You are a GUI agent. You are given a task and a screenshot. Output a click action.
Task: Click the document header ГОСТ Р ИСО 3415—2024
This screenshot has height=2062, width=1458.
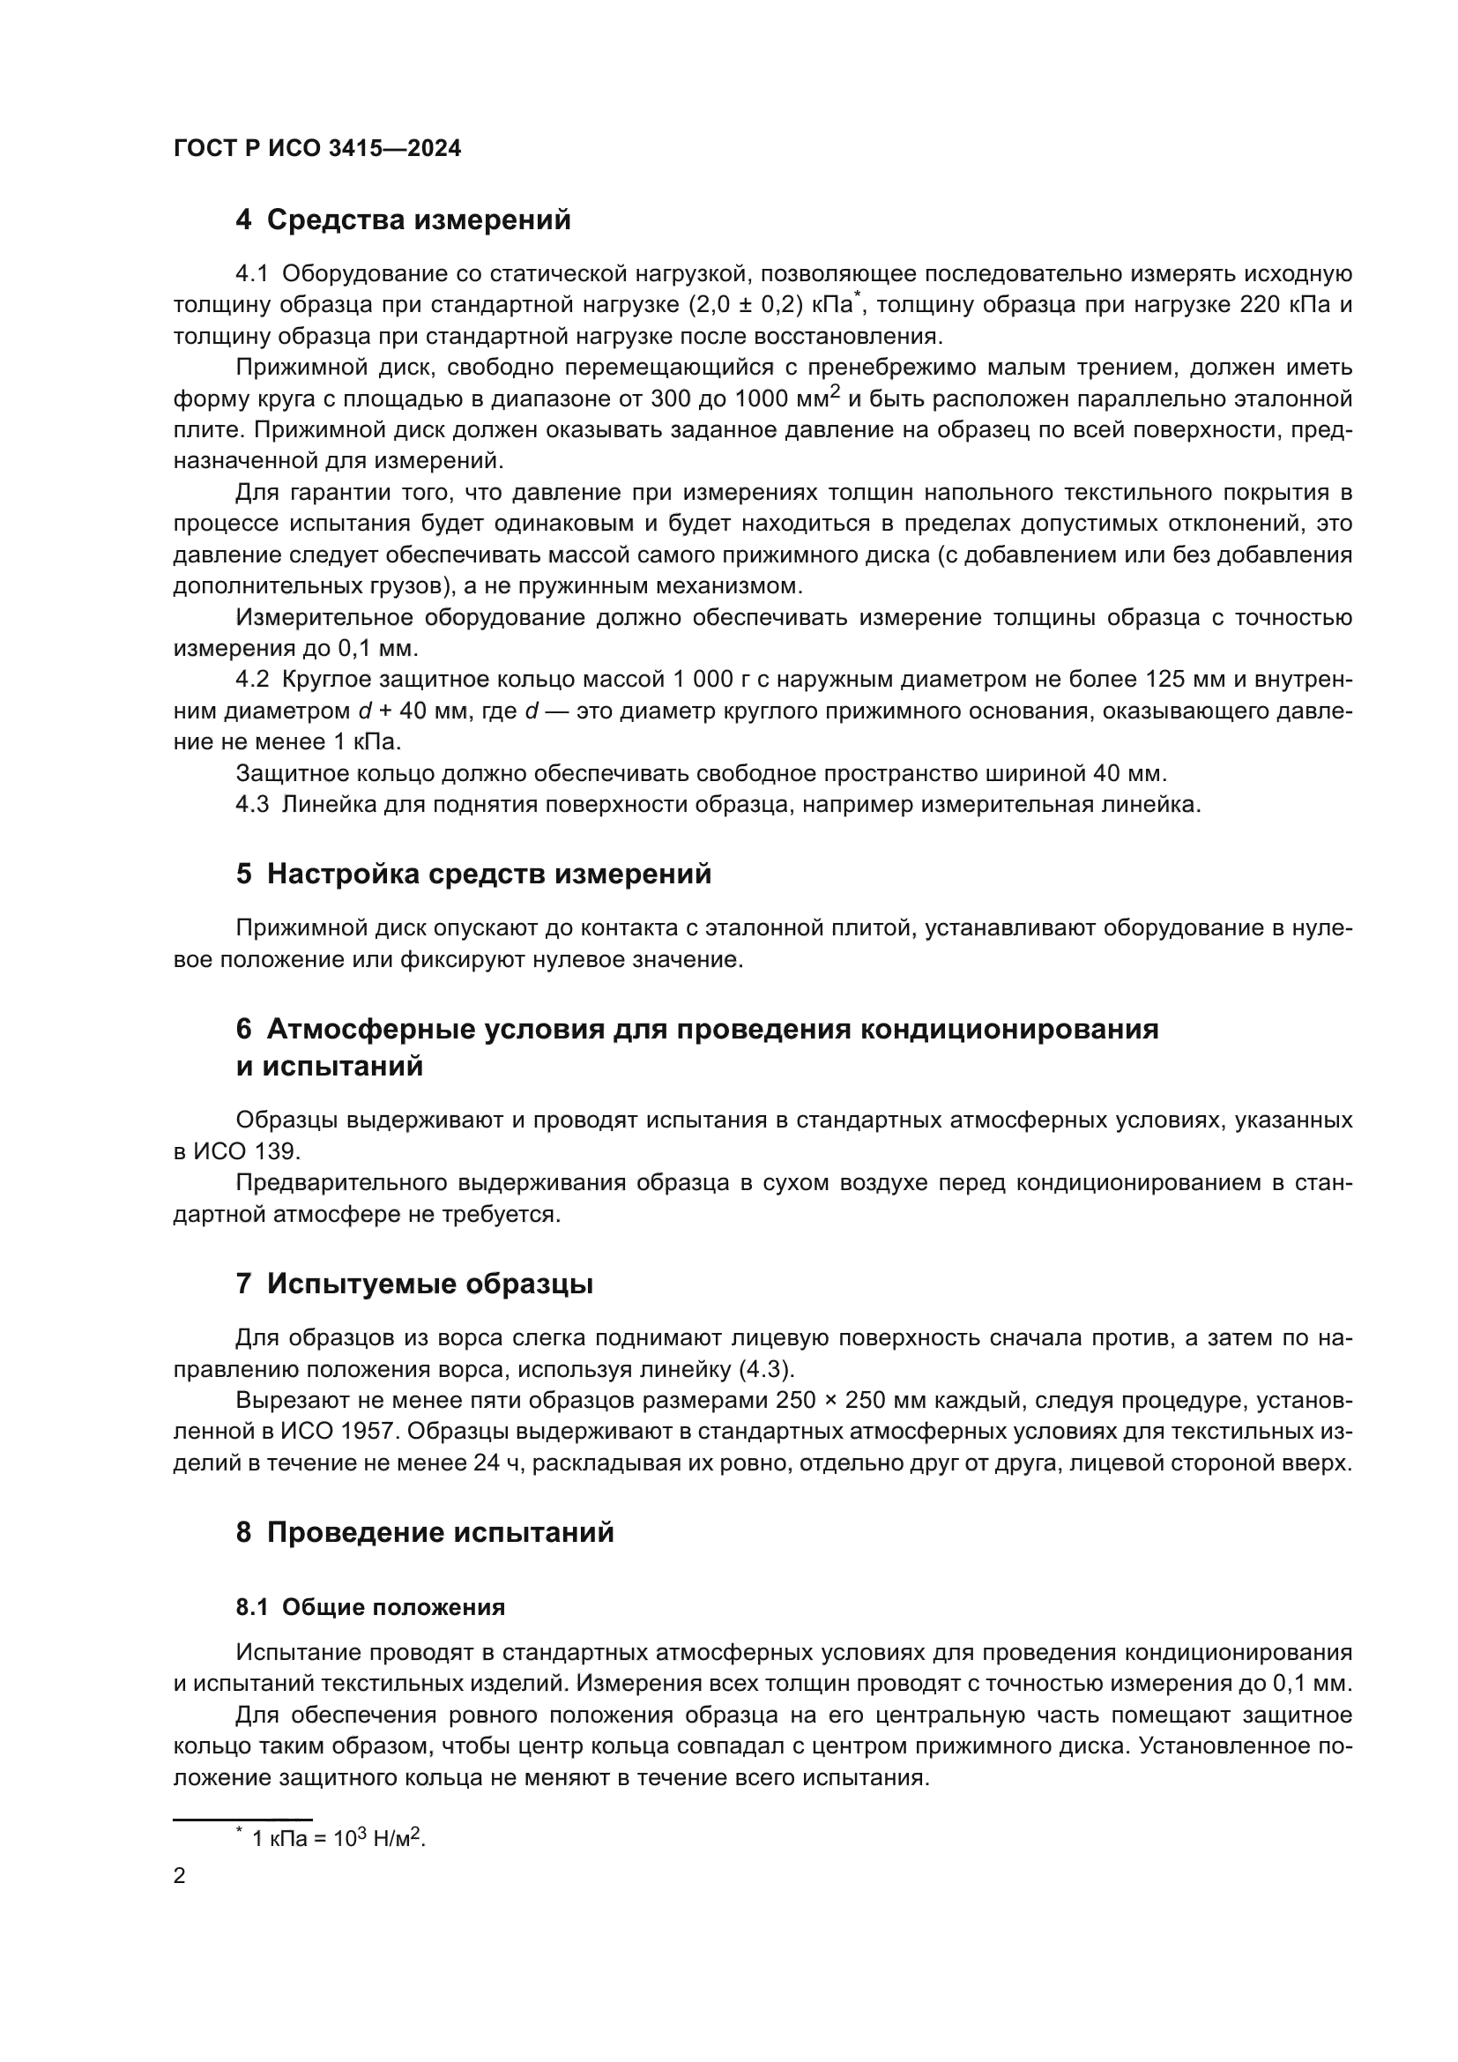coord(317,149)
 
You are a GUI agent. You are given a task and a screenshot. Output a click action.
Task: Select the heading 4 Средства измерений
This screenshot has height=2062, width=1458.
coord(403,220)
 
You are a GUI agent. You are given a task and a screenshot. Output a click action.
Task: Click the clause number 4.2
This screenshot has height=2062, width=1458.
coord(252,680)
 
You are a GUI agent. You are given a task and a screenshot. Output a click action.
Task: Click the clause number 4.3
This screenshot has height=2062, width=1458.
coord(252,805)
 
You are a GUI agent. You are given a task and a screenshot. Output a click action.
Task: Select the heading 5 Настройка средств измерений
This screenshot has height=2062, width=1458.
coord(473,874)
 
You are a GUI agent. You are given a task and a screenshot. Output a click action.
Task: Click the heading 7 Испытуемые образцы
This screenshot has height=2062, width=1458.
coord(414,1284)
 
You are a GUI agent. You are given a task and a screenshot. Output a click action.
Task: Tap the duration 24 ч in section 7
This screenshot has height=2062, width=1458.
coord(492,1463)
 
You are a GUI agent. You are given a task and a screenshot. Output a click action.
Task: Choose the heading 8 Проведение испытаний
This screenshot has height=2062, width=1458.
coord(425,1532)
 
